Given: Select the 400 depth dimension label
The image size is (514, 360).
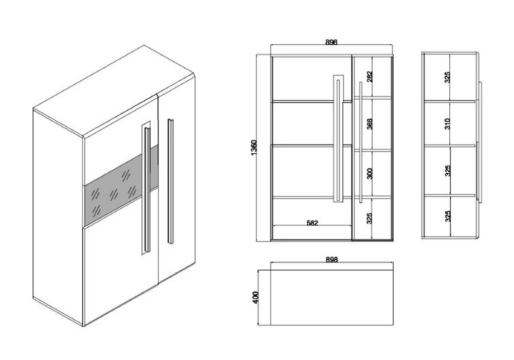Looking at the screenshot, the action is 256,297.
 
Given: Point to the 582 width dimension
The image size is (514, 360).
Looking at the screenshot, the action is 313,223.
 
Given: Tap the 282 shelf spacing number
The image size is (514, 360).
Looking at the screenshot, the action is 370,77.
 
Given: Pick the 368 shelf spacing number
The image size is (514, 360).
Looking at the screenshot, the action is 370,124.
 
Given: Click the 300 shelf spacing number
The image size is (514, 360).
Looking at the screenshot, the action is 370,173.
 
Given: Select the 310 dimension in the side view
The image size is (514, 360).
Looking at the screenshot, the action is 448,123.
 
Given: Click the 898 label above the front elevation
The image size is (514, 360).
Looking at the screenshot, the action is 332,42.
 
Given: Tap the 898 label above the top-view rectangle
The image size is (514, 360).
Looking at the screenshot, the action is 332,259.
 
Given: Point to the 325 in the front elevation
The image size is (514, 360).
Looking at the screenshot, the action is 370,219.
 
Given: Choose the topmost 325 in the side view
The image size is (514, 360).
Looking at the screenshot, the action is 448,77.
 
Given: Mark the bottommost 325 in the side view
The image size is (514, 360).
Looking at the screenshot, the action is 448,216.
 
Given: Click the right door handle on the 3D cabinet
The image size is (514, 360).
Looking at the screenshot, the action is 171,182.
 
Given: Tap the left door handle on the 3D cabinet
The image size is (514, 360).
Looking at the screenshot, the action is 147,190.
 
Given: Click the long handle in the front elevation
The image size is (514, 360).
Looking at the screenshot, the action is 338,138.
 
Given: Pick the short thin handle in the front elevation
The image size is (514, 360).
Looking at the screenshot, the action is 361,142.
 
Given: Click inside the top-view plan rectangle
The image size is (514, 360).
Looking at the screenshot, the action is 332,297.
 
